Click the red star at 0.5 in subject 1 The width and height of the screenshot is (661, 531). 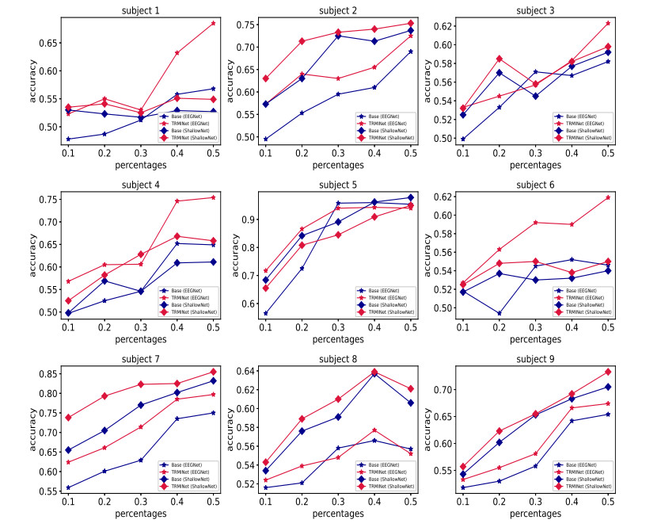[x=214, y=23]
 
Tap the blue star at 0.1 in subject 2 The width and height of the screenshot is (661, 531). [x=266, y=139]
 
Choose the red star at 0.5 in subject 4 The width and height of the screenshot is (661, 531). [x=214, y=197]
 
